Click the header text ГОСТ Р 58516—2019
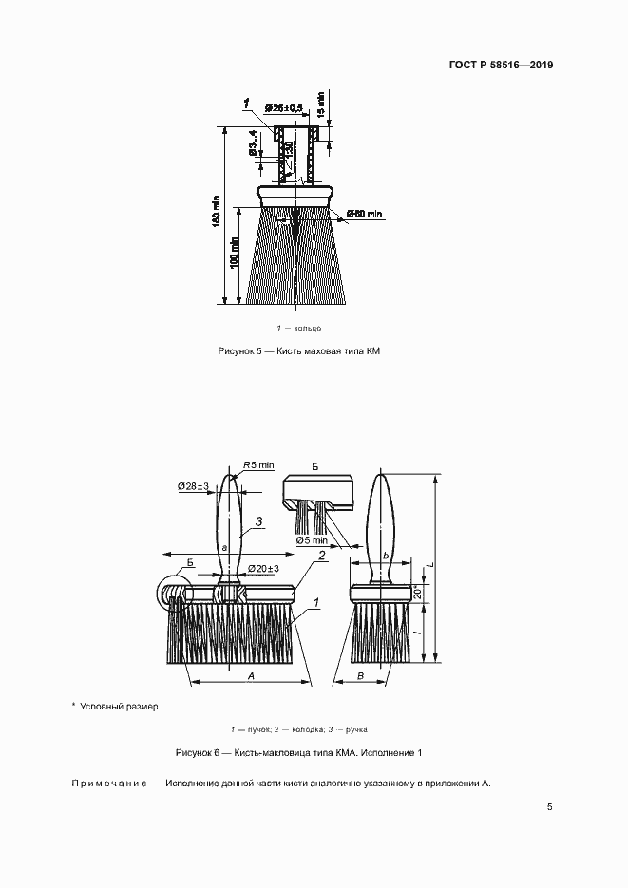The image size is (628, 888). [500, 66]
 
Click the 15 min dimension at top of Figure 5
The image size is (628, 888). [321, 102]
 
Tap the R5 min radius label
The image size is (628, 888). [257, 464]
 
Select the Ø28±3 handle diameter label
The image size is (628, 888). [194, 486]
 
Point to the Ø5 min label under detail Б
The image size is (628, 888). [311, 540]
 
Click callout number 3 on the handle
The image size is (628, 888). [257, 521]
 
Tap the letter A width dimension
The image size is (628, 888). [250, 673]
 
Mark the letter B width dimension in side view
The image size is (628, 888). [362, 673]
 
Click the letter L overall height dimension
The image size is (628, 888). [429, 565]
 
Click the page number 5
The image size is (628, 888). [550, 807]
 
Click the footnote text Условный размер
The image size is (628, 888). [120, 706]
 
